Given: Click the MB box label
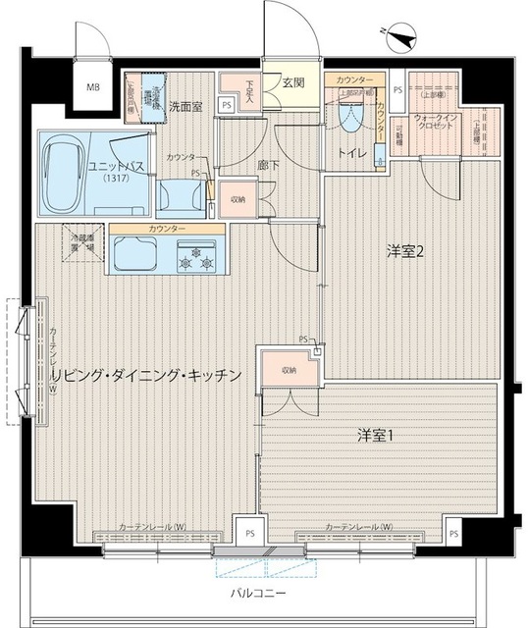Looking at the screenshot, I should [93, 86].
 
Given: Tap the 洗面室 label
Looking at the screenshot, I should [185, 106].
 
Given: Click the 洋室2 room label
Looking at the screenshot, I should [404, 252].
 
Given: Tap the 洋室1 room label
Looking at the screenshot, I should [374, 435].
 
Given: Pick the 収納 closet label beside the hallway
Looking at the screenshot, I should [238, 198].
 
